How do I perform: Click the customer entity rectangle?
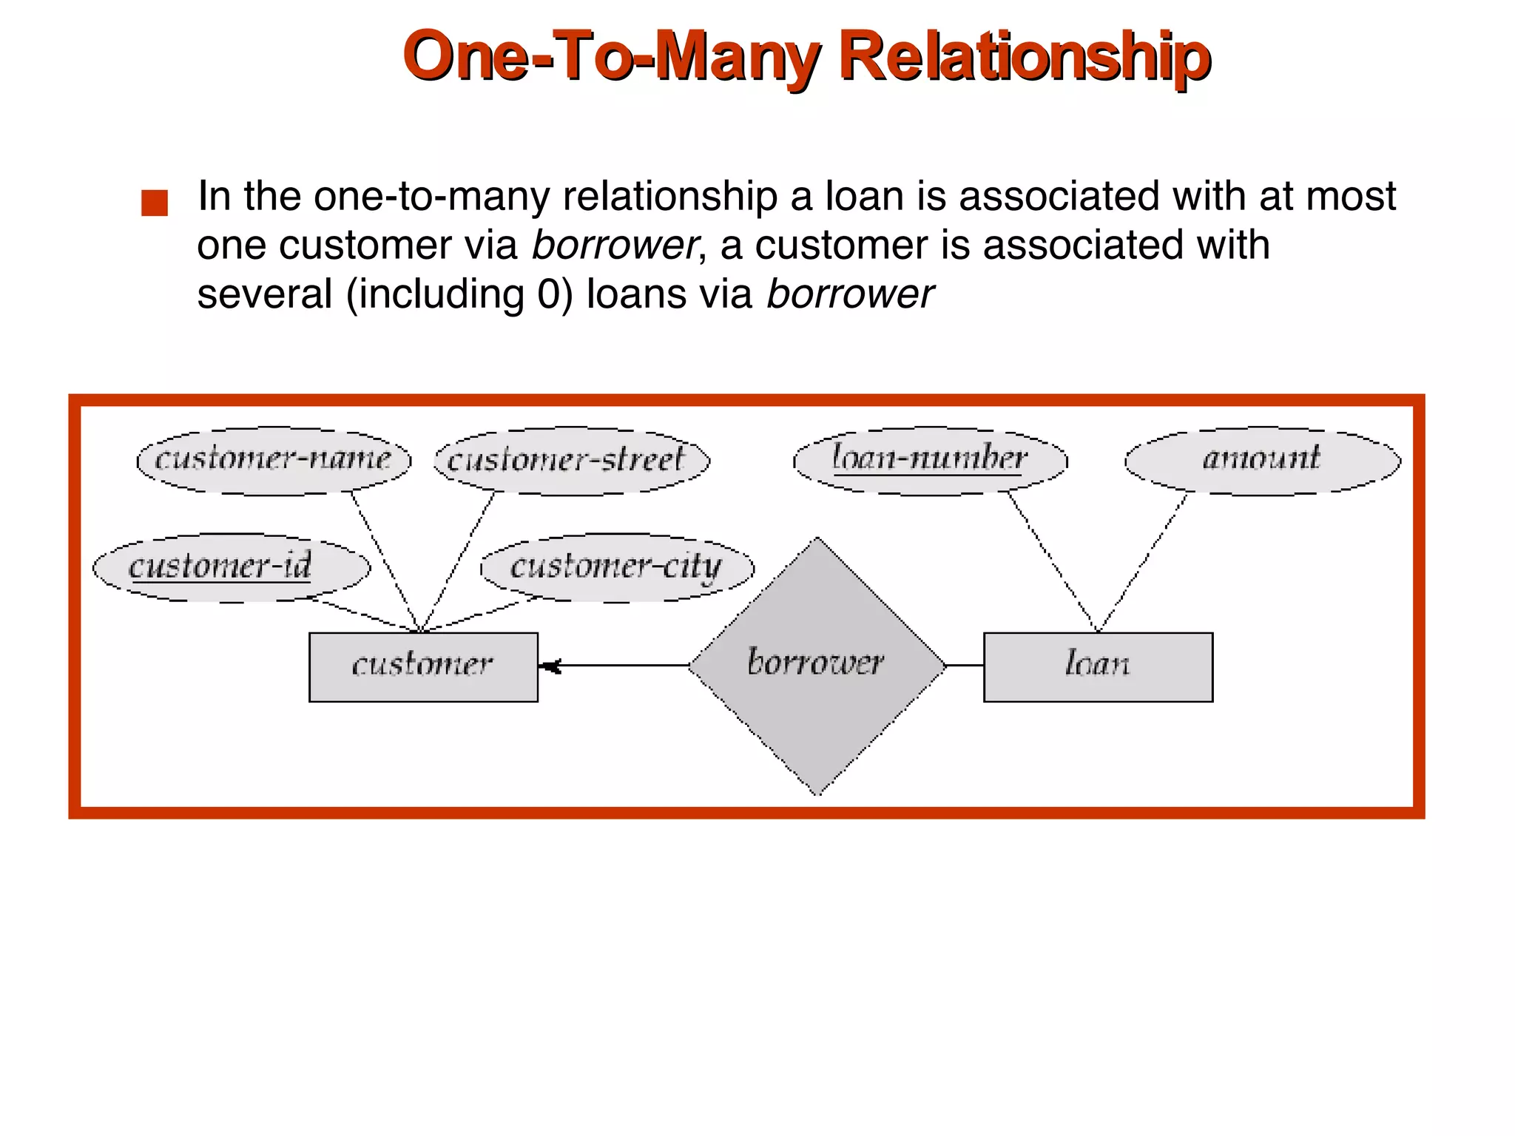click(x=423, y=666)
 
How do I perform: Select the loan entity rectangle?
click(x=1098, y=666)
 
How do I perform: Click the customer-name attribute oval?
click(x=273, y=460)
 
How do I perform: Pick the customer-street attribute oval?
click(x=571, y=460)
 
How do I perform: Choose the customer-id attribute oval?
click(x=230, y=567)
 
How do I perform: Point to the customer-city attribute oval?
click(x=617, y=567)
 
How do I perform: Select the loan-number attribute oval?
click(x=930, y=460)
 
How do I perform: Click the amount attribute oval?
click(x=1262, y=460)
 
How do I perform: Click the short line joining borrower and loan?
click(x=965, y=666)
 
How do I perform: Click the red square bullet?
click(x=155, y=203)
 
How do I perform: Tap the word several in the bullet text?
click(x=264, y=294)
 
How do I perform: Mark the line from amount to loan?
click(x=1144, y=561)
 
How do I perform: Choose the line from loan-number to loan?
click(x=1053, y=561)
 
